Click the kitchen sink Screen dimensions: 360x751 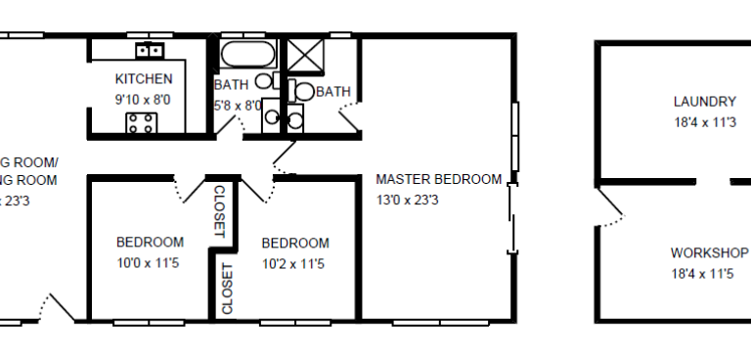coord(151,49)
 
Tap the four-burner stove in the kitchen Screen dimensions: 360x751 coord(140,122)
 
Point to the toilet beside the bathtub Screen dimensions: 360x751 coord(266,84)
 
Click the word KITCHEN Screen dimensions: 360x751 coord(144,79)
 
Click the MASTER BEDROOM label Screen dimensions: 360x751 coord(439,179)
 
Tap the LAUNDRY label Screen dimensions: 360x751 coord(704,101)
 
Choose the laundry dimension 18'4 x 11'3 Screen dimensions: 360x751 coord(704,122)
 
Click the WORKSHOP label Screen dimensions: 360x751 coord(709,251)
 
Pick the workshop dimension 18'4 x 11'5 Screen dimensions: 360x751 coord(702,273)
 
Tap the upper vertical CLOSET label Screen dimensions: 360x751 coord(220,211)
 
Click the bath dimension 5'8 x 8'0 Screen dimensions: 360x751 coord(237,105)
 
